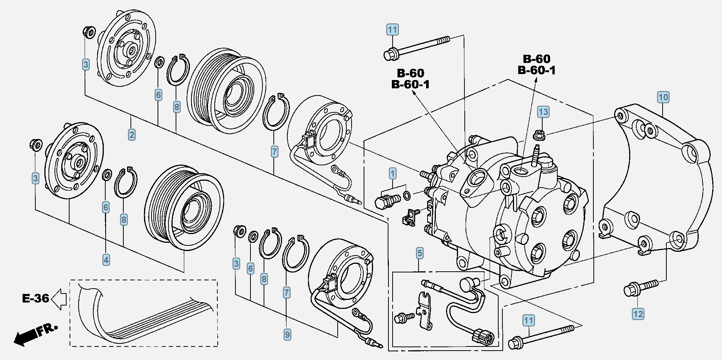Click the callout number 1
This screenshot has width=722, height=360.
click(393, 174)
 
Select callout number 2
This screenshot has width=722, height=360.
click(132, 135)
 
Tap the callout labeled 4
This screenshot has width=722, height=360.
click(106, 259)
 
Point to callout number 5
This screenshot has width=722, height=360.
click(420, 253)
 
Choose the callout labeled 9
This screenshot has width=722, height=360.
click(287, 334)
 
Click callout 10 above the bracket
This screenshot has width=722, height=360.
click(663, 97)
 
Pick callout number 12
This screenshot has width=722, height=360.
click(638, 314)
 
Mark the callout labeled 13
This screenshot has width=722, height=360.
click(543, 112)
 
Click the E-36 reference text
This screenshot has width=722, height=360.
click(35, 298)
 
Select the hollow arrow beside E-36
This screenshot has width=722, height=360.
click(59, 299)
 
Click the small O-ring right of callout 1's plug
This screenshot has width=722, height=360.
click(407, 195)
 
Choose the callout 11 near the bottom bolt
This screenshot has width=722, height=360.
click(529, 321)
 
